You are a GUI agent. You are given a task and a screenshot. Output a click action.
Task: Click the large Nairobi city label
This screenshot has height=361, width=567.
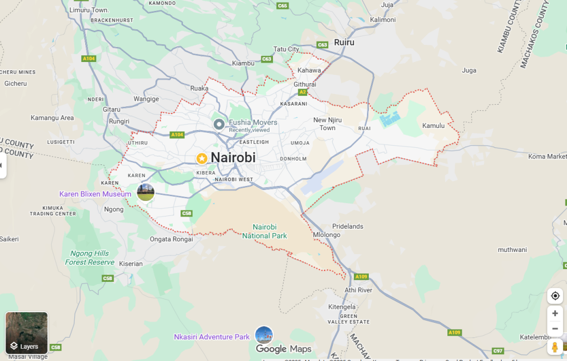tap(233, 158)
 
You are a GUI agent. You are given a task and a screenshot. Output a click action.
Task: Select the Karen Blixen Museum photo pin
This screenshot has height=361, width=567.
tap(146, 193)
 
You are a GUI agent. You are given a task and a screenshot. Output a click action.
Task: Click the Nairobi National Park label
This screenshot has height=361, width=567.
tap(264, 231)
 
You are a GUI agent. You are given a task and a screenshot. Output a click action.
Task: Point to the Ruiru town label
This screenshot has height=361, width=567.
tap(344, 42)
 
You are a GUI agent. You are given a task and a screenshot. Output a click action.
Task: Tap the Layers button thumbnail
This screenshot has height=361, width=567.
tap(27, 333)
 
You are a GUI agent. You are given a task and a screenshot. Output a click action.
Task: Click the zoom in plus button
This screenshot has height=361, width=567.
tap(555, 313)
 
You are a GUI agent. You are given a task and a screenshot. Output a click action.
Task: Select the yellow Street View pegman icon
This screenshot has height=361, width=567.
tap(555, 347)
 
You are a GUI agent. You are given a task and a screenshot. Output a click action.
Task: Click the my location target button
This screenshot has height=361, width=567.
tap(555, 296)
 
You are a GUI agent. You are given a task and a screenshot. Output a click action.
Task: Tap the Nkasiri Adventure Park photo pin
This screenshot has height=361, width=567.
tap(264, 335)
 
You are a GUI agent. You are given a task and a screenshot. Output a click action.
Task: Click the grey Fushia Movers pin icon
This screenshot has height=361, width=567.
tap(219, 124)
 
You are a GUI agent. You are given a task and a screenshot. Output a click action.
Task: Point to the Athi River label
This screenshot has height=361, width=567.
tap(358, 290)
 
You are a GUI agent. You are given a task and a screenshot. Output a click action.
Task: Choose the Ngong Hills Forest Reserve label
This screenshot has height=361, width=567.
tap(89, 257)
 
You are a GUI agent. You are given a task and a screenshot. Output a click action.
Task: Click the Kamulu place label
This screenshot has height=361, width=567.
tap(434, 126)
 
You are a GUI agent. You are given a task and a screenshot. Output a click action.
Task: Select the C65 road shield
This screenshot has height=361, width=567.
tap(282, 6)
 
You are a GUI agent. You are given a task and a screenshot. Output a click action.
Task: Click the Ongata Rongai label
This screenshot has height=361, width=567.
tap(171, 239)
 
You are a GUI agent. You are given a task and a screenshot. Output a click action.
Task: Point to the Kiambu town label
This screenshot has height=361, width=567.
tap(243, 63)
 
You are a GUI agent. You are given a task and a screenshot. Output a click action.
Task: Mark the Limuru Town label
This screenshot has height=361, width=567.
tap(89, 10)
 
